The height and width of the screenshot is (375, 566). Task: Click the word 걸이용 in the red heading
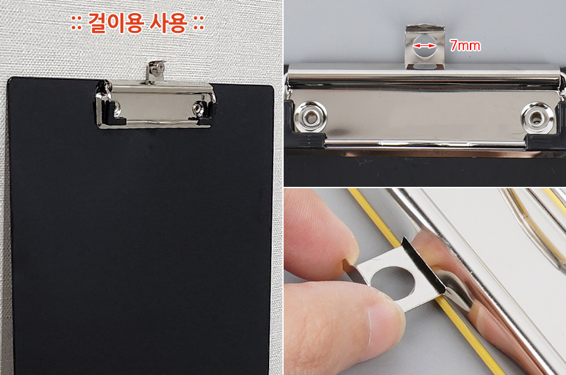click(116, 24)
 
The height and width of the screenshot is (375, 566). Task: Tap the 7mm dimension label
click(465, 45)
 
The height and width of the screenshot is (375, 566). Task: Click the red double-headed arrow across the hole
click(424, 46)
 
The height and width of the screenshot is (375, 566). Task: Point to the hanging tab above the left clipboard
click(156, 72)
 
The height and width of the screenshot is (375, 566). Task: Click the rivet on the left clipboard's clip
click(198, 108)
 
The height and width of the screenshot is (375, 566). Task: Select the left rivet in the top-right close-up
click(311, 116)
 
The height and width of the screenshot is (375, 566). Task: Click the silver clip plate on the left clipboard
click(155, 104)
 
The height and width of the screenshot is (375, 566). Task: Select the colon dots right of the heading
click(199, 24)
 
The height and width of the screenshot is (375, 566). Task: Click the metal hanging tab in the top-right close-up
click(425, 47)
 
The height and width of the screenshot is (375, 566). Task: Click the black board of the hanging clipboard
click(141, 235)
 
